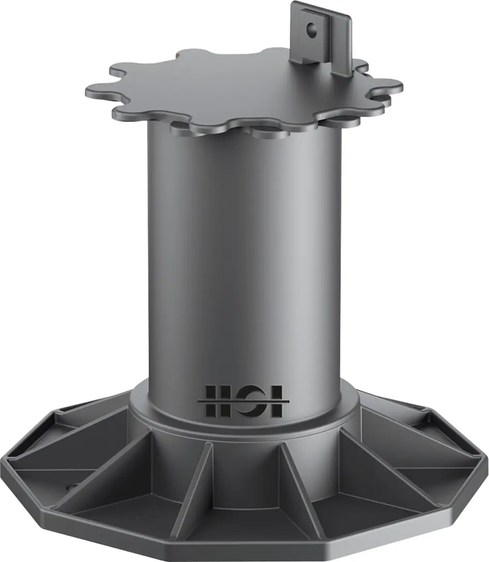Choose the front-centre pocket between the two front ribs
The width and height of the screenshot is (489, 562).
click(247, 481)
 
